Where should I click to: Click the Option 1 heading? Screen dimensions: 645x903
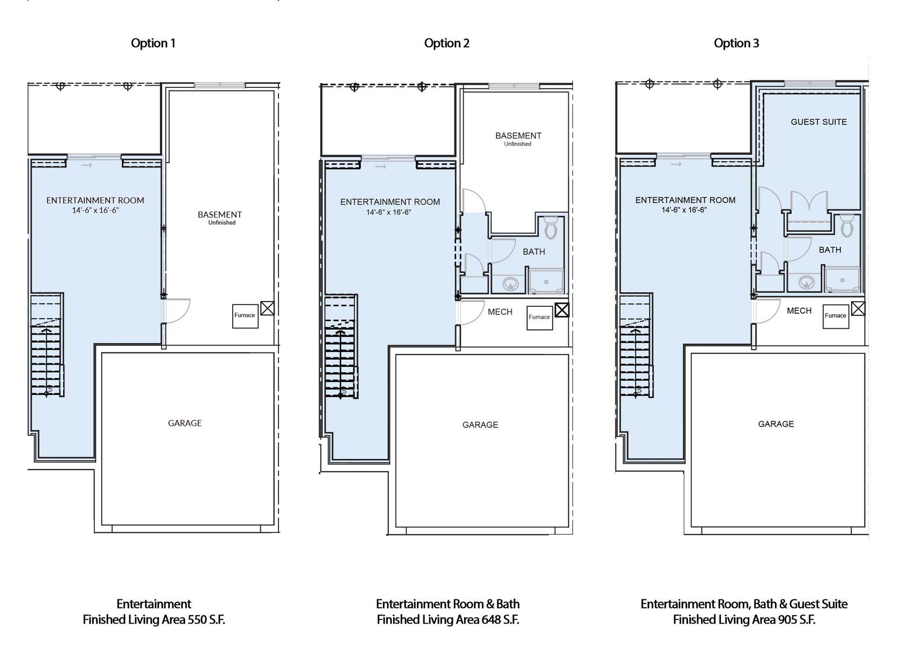[x=153, y=43]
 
